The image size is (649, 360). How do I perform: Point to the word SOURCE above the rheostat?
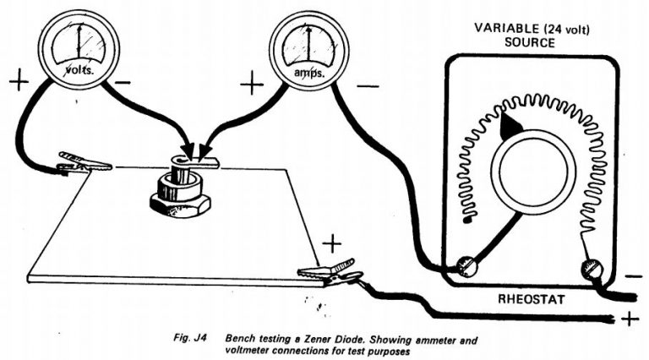531,41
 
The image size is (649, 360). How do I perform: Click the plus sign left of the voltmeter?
19,82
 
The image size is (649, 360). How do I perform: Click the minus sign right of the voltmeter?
123,83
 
